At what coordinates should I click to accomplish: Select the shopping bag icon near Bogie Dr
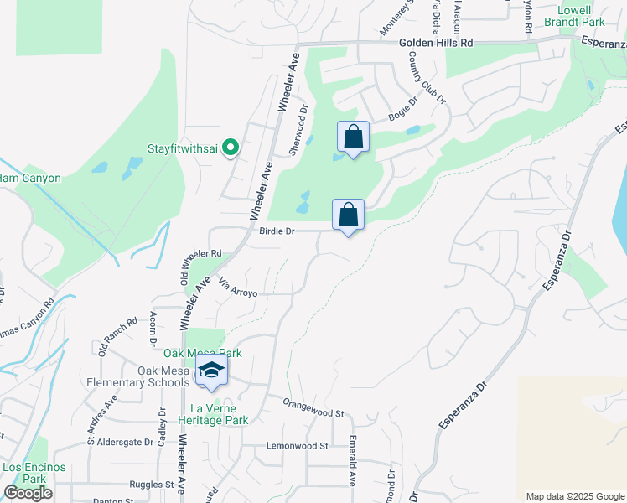click(353, 137)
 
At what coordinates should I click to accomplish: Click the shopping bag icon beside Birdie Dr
click(348, 215)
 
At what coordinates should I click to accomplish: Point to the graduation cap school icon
click(211, 370)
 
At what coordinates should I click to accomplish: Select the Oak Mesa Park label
click(195, 353)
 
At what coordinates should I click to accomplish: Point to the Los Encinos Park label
click(23, 473)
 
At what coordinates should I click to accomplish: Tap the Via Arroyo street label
click(237, 288)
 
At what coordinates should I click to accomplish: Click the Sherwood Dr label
click(298, 130)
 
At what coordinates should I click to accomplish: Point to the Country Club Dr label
click(427, 78)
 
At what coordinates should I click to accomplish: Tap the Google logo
click(28, 493)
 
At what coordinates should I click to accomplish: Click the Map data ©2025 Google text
click(574, 496)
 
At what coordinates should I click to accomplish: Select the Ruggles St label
click(151, 484)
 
